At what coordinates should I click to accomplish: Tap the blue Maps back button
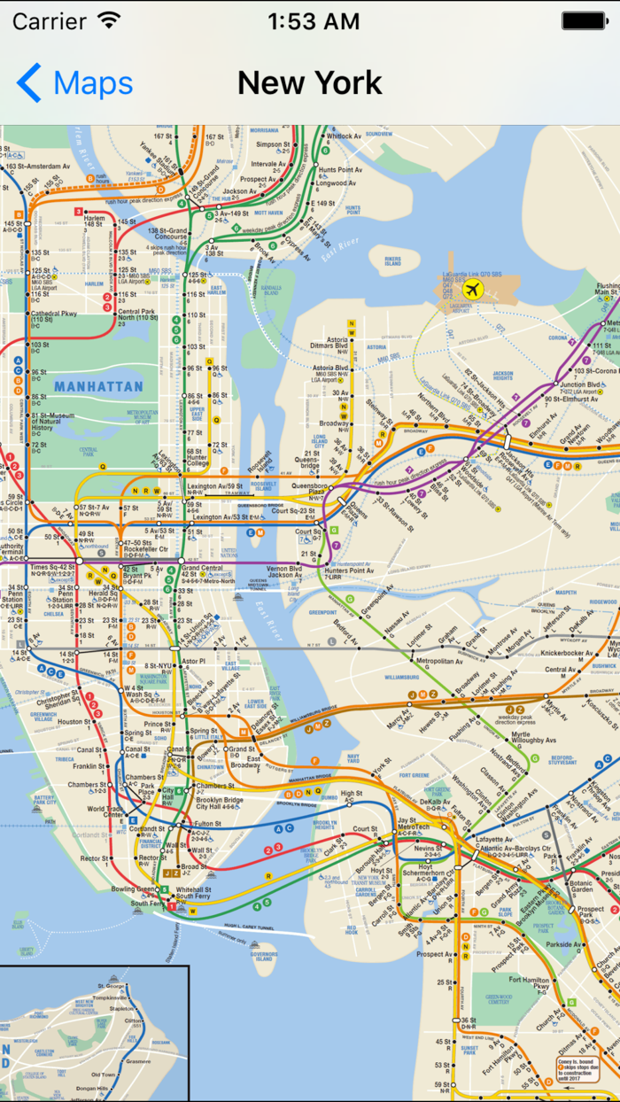coord(74,83)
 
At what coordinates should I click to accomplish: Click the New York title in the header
coord(309,83)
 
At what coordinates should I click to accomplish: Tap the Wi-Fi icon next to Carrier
coord(109,20)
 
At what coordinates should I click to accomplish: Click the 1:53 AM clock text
coord(313,21)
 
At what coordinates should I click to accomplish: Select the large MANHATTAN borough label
coord(97,386)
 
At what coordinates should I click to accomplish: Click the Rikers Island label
coord(392,260)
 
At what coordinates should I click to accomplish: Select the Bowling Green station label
coord(133,889)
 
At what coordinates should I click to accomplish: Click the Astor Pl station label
coord(193,661)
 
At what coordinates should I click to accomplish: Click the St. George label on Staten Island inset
coord(111,985)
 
